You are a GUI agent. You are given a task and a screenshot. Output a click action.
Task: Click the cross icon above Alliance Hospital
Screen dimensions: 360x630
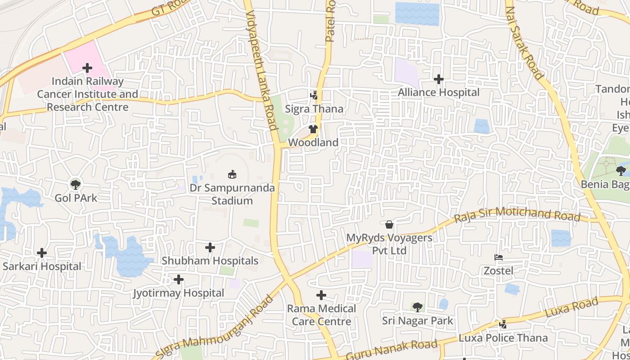coord(439,79)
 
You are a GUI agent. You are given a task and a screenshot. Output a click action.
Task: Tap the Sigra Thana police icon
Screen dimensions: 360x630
coord(314,95)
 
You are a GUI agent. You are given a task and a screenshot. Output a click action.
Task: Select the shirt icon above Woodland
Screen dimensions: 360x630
coord(314,129)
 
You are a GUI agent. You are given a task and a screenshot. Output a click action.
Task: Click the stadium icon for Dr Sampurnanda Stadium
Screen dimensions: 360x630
coord(232,174)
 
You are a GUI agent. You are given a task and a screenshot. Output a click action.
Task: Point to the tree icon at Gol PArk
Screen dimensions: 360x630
coord(76,184)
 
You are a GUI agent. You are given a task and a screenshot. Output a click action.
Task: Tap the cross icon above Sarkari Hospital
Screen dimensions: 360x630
coord(42,253)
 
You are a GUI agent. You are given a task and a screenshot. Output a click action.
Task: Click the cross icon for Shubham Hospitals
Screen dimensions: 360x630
coord(210,247)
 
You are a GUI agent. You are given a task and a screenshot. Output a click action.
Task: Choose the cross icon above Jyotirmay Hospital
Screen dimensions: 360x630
coord(179,280)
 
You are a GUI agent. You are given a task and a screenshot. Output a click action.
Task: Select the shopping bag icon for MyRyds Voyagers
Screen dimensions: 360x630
coord(389,224)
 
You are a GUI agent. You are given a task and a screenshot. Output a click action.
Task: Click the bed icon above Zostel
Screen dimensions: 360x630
coord(499,258)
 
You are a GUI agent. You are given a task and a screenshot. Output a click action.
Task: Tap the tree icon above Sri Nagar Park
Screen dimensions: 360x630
coord(418,307)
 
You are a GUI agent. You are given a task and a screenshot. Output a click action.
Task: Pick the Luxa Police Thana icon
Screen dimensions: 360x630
coord(503,324)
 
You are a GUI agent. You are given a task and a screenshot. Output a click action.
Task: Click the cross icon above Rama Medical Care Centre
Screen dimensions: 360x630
coord(321,295)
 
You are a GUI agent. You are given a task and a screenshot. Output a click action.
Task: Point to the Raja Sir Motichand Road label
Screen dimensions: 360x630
coord(517,214)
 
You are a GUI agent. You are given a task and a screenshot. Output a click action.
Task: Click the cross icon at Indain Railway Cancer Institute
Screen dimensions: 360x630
coord(87,68)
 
